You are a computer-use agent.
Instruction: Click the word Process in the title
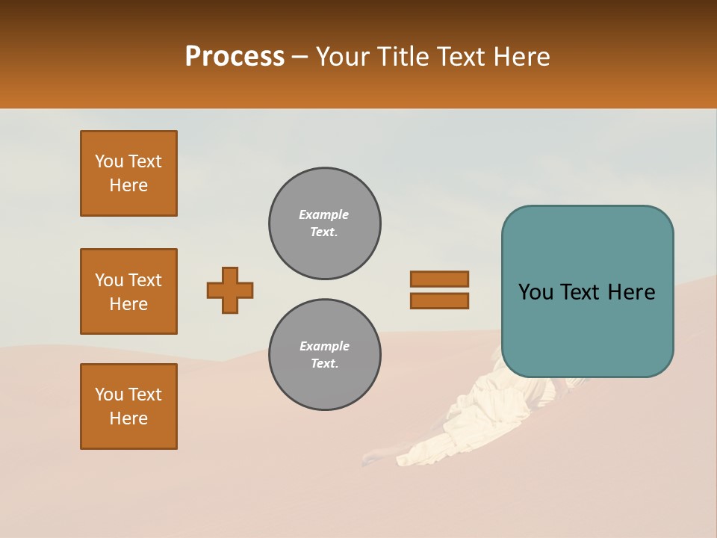[235, 57]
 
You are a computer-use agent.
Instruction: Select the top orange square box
[128, 173]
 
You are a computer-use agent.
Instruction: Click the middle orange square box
[128, 291]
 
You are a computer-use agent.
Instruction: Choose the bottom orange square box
[128, 406]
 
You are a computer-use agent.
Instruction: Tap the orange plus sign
[230, 290]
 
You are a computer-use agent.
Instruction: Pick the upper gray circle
[324, 223]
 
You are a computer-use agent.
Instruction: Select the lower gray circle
[324, 355]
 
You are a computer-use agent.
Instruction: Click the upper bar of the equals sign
[439, 279]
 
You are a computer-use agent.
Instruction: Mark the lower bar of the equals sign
[439, 301]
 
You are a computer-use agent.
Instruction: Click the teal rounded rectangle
[587, 291]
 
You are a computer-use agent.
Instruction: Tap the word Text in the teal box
[587, 292]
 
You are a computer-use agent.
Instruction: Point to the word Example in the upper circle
[324, 214]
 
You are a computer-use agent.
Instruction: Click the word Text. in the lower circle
[324, 364]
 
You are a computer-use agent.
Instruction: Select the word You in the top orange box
[108, 161]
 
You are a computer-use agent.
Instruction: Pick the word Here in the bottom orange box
[128, 418]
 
